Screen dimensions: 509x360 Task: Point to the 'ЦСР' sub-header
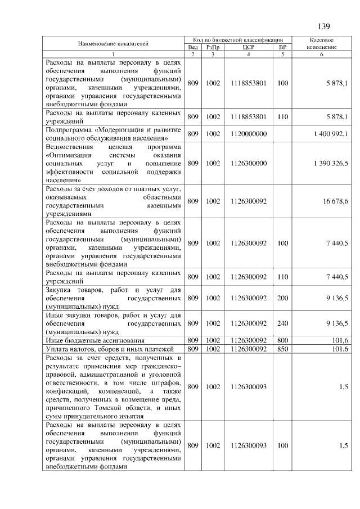[x=248, y=47]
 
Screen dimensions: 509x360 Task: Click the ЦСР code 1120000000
[x=248, y=133]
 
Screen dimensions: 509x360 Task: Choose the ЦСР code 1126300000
[x=248, y=163]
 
